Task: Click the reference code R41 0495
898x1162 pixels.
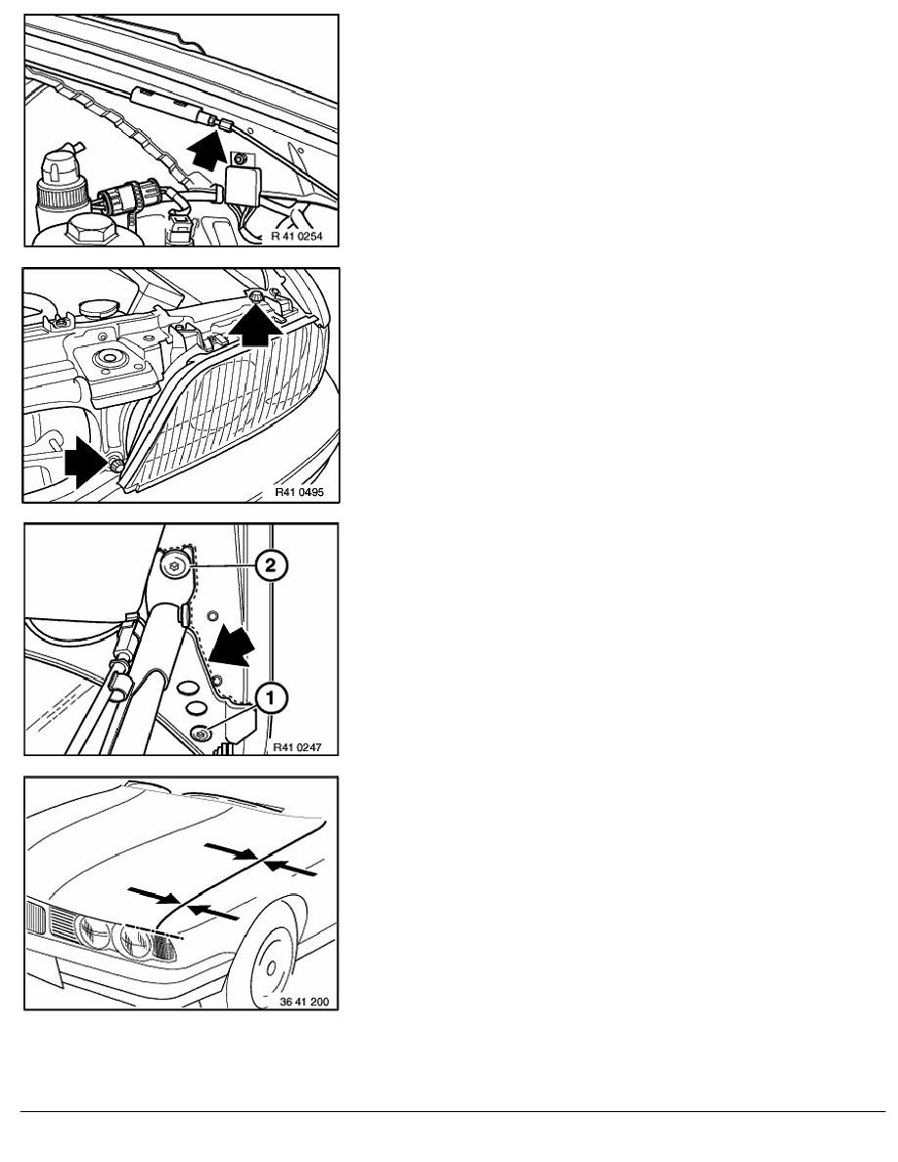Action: (299, 492)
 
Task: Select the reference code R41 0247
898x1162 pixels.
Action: (297, 747)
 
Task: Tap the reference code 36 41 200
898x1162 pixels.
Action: (304, 1002)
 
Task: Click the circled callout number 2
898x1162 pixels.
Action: (270, 566)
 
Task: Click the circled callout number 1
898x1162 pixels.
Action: (270, 698)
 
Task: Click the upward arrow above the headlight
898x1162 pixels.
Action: (255, 323)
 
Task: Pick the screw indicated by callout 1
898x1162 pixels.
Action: (202, 735)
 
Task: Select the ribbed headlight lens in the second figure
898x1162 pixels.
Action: (222, 408)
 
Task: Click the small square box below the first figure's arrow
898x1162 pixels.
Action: (242, 183)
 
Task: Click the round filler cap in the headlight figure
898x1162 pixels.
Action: (94, 307)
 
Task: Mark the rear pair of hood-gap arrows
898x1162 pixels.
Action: (260, 859)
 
